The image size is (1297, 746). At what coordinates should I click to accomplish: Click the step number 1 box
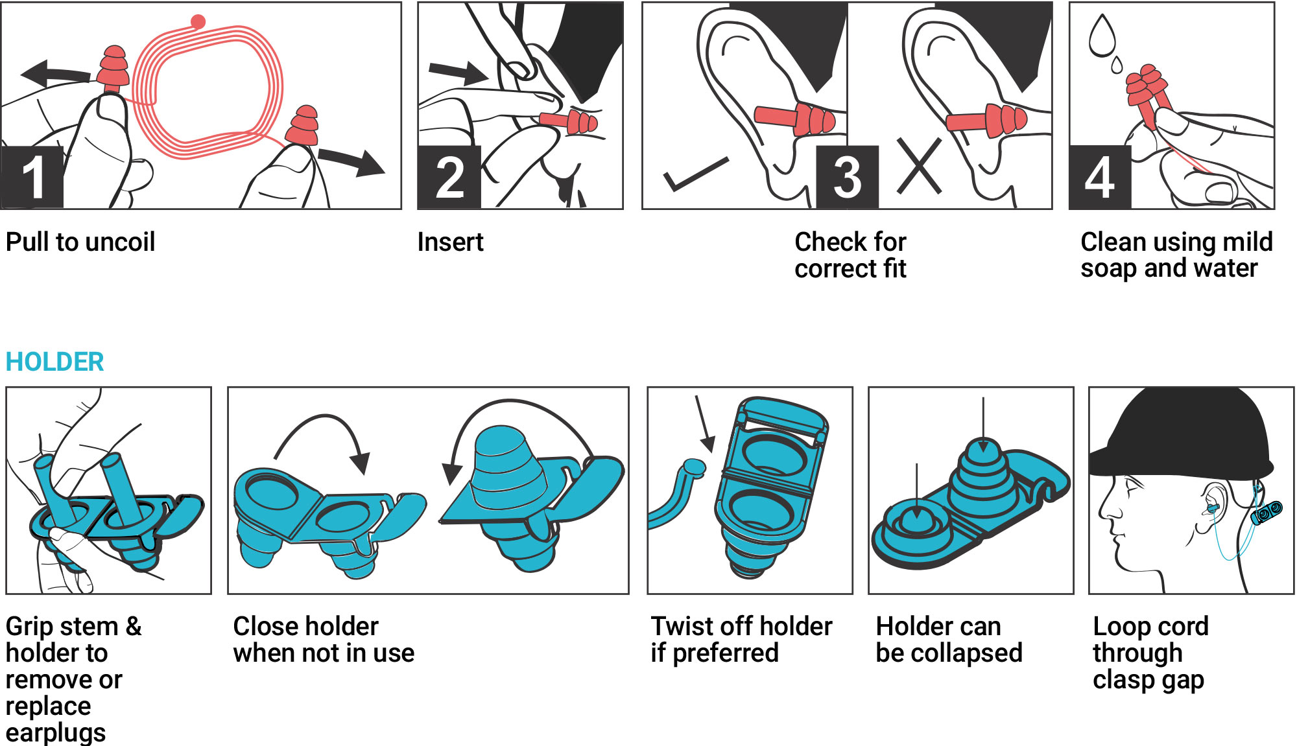pos(32,177)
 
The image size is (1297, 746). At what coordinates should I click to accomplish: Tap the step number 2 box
pos(449,177)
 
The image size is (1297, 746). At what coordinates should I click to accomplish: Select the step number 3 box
pos(847,177)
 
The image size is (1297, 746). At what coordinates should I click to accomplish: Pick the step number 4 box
pos(1100,177)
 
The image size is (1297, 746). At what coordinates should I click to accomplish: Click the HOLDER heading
pos(54,362)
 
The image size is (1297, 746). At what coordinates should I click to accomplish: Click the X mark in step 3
pos(919,167)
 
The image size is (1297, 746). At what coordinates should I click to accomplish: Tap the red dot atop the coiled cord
pos(198,21)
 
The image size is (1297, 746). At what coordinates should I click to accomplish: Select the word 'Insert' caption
pos(450,242)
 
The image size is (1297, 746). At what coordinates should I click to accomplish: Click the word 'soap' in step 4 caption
pos(1108,269)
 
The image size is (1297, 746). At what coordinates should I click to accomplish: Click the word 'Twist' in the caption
pos(678,627)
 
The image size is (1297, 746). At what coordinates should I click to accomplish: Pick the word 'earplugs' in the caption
pos(56,733)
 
